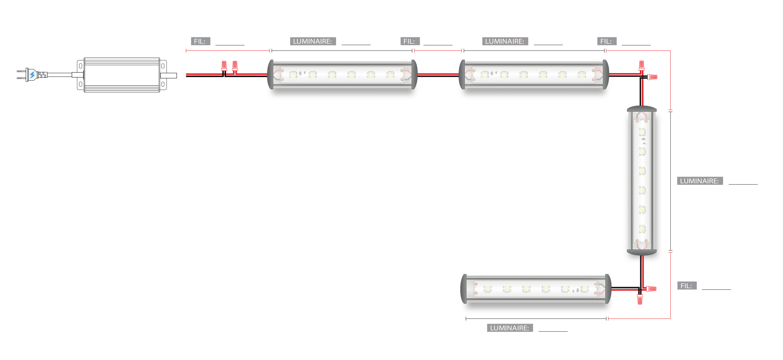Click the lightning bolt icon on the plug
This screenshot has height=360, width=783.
click(32, 74)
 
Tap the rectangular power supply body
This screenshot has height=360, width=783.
click(122, 75)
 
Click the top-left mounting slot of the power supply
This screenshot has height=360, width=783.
click(80, 66)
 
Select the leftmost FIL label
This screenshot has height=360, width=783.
click(200, 41)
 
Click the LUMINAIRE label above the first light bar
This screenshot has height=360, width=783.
click(312, 41)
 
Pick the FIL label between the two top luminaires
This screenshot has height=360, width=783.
click(409, 41)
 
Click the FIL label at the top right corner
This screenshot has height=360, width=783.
click(606, 41)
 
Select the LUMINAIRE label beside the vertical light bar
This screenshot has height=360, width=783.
click(699, 181)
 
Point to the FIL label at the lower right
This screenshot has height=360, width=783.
click(686, 286)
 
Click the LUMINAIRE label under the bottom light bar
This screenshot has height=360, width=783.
click(509, 328)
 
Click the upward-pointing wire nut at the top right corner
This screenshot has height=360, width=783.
click(641, 65)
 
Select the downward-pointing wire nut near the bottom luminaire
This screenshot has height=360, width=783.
click(640, 299)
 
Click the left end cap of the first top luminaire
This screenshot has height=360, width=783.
click(270, 75)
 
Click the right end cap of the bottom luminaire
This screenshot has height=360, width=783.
click(608, 289)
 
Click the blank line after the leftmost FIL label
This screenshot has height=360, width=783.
click(230, 43)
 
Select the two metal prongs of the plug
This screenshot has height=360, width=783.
click(21, 75)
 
